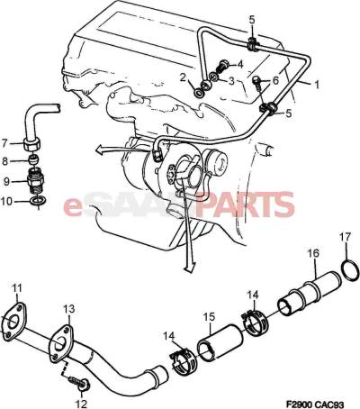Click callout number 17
(345, 237)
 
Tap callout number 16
(314, 254)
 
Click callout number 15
(209, 317)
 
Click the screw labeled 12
(78, 383)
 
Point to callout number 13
(69, 309)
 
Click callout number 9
(7, 181)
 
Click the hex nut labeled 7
(31, 146)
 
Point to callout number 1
(316, 85)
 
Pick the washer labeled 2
(199, 93)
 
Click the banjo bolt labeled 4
(223, 66)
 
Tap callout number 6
(275, 80)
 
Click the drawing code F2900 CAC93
(315, 404)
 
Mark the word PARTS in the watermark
(247, 204)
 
